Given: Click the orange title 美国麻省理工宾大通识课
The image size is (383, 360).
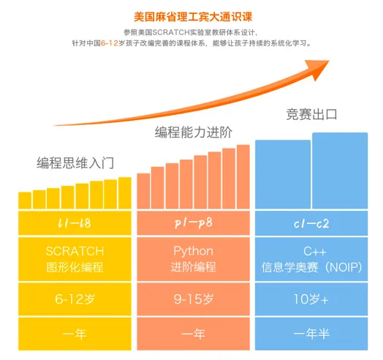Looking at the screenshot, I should pyautogui.click(x=192, y=14).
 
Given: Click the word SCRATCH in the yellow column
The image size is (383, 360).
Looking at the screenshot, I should pyautogui.click(x=75, y=252).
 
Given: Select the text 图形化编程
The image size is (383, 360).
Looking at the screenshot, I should pyautogui.click(x=75, y=267).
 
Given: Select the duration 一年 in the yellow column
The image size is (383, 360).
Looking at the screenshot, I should pyautogui.click(x=75, y=334).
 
